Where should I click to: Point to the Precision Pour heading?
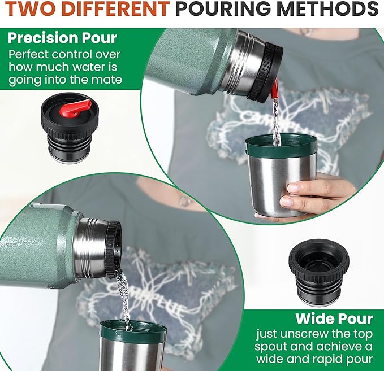pos(62,38)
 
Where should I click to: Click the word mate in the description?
pos(108,80)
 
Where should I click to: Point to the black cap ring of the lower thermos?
pos(113,248)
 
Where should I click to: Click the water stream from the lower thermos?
pos(124,296)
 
